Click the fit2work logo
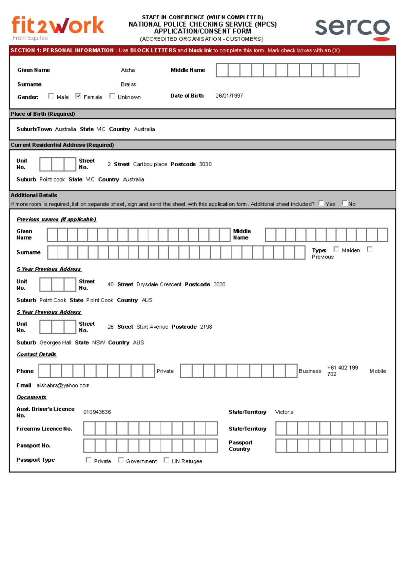pos(58,27)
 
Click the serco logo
pos(352,28)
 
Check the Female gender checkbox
pos(78,96)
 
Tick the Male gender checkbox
pos(51,96)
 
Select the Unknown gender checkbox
pos(112,96)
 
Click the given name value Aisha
pos(128,70)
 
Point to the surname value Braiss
pos(128,84)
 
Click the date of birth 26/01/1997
pos(229,96)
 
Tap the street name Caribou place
pos(150,164)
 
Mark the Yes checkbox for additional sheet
pos(321,203)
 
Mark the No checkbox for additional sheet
pos(345,203)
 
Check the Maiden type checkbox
pos(336,249)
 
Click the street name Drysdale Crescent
pos(159,285)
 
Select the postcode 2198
pos(206,327)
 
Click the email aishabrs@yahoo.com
pos(63,386)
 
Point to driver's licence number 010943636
pos(97,412)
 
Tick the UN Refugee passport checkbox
pos(166,460)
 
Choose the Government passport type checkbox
pos(121,460)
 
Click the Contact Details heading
pos(37,354)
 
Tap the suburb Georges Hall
pos(55,343)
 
